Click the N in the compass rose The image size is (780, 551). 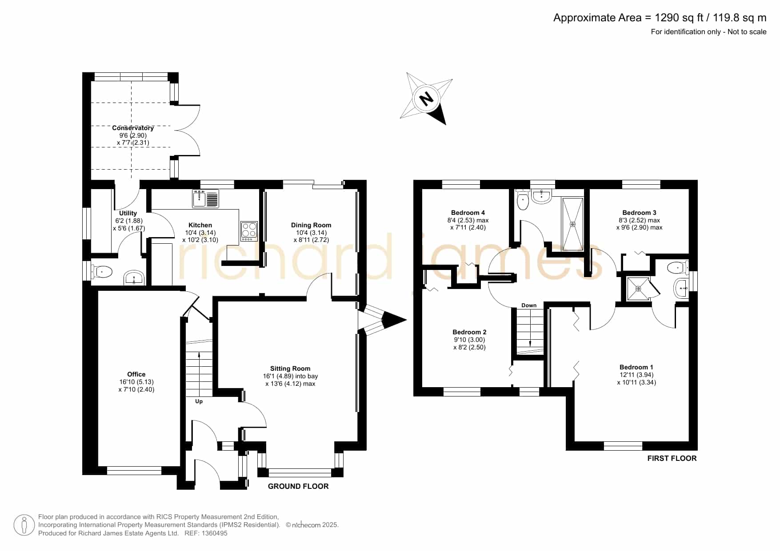(427, 98)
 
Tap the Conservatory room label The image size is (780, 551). (133, 128)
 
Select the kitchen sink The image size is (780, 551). (206, 198)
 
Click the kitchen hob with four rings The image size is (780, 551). (249, 231)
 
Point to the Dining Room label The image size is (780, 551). (311, 225)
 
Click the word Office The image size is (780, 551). (136, 374)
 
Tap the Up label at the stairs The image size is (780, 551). (199, 401)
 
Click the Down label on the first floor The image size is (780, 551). (529, 305)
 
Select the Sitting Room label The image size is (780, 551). (290, 369)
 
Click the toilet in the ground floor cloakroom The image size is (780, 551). (102, 271)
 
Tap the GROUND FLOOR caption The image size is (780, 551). (298, 486)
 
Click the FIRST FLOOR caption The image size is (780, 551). (672, 458)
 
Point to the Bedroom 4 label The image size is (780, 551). (468, 213)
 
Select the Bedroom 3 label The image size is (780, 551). (639, 213)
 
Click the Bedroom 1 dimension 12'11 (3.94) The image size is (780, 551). (636, 375)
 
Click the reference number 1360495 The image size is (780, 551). (215, 533)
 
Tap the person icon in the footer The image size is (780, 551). (24, 525)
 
